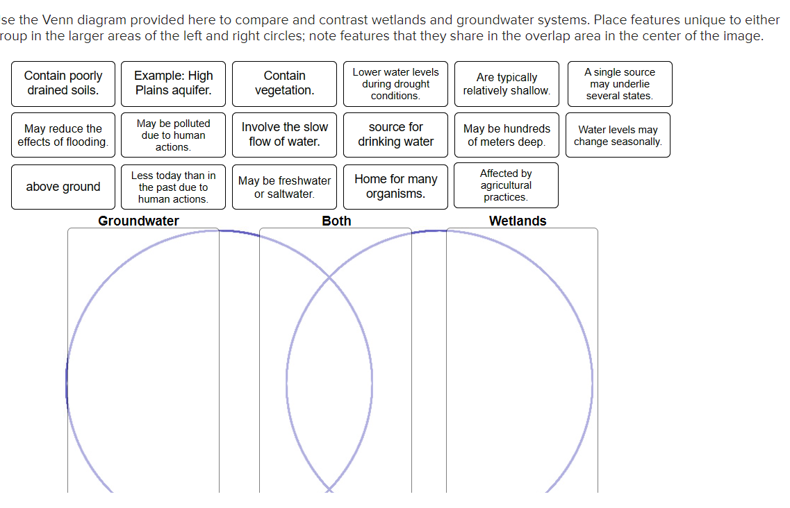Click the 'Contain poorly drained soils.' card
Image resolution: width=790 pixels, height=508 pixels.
pos(63,83)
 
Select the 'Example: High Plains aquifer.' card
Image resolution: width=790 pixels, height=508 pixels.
pos(173,83)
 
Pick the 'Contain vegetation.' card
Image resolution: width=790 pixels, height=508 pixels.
pos(284,83)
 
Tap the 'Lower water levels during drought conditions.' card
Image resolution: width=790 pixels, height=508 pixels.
pos(395,84)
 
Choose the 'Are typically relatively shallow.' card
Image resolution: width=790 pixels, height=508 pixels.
pos(506,84)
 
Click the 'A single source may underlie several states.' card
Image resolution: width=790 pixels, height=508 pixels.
pos(619,84)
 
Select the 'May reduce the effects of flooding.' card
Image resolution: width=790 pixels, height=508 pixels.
pos(63,135)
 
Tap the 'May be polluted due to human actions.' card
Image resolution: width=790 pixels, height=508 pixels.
pos(173,135)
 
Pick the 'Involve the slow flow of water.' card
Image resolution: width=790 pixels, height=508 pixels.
pos(284,135)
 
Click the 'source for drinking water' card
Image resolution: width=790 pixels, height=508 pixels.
pos(395,135)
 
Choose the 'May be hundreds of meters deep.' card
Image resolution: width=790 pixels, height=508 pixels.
pos(506,135)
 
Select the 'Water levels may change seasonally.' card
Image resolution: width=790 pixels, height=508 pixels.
pos(618,135)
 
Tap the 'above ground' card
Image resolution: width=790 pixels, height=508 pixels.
pos(63,187)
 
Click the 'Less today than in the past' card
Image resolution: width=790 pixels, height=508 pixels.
pos(173,187)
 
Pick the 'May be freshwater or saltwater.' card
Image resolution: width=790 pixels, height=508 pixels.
pos(284,187)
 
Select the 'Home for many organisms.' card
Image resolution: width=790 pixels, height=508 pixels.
pos(395,187)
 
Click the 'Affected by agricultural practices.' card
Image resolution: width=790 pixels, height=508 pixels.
pos(506,185)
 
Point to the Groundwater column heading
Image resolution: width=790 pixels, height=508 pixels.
pos(138,221)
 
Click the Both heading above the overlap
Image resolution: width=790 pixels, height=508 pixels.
pos(336,221)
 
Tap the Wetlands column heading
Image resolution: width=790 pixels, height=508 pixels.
pos(518,221)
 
